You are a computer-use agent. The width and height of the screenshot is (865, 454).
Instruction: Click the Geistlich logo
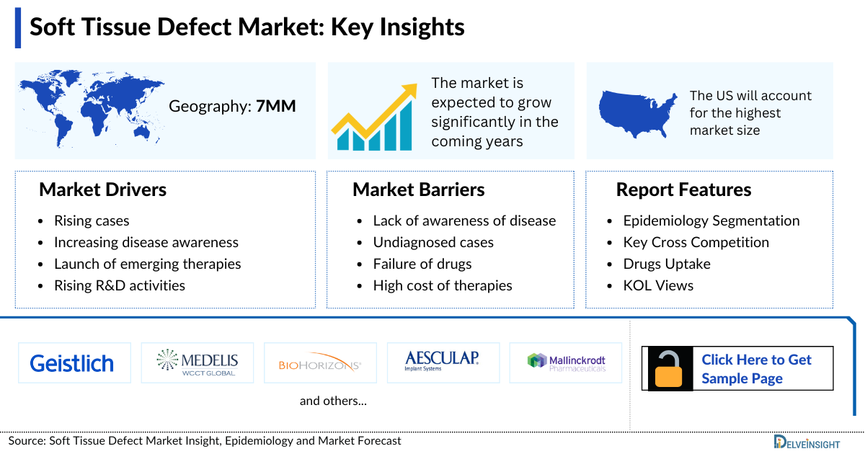point(72,363)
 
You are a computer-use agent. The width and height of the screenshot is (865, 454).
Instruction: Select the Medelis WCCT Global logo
point(198,362)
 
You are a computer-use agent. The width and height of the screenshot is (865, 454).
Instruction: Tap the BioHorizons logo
point(320,363)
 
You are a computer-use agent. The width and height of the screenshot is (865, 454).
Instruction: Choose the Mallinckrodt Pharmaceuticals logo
point(567,362)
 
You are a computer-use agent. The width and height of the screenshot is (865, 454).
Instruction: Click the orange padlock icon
point(670,369)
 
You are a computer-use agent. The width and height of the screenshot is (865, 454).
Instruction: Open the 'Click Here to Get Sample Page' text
point(756,369)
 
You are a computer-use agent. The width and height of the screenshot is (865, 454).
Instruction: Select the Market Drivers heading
point(103,190)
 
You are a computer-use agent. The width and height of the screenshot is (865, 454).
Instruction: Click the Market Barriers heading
point(418,190)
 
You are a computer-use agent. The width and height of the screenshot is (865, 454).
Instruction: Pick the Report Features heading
point(683,190)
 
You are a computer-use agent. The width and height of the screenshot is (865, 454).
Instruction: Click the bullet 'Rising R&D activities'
point(120,285)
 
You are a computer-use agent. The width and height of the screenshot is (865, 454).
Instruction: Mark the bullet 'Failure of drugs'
point(422,264)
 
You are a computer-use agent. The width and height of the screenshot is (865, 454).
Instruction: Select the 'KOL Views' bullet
point(658,285)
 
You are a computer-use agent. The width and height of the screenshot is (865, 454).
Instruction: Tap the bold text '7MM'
point(276,107)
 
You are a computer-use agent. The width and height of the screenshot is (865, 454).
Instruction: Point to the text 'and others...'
point(333,401)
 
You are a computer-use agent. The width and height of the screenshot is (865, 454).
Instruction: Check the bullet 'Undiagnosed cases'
point(433,242)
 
